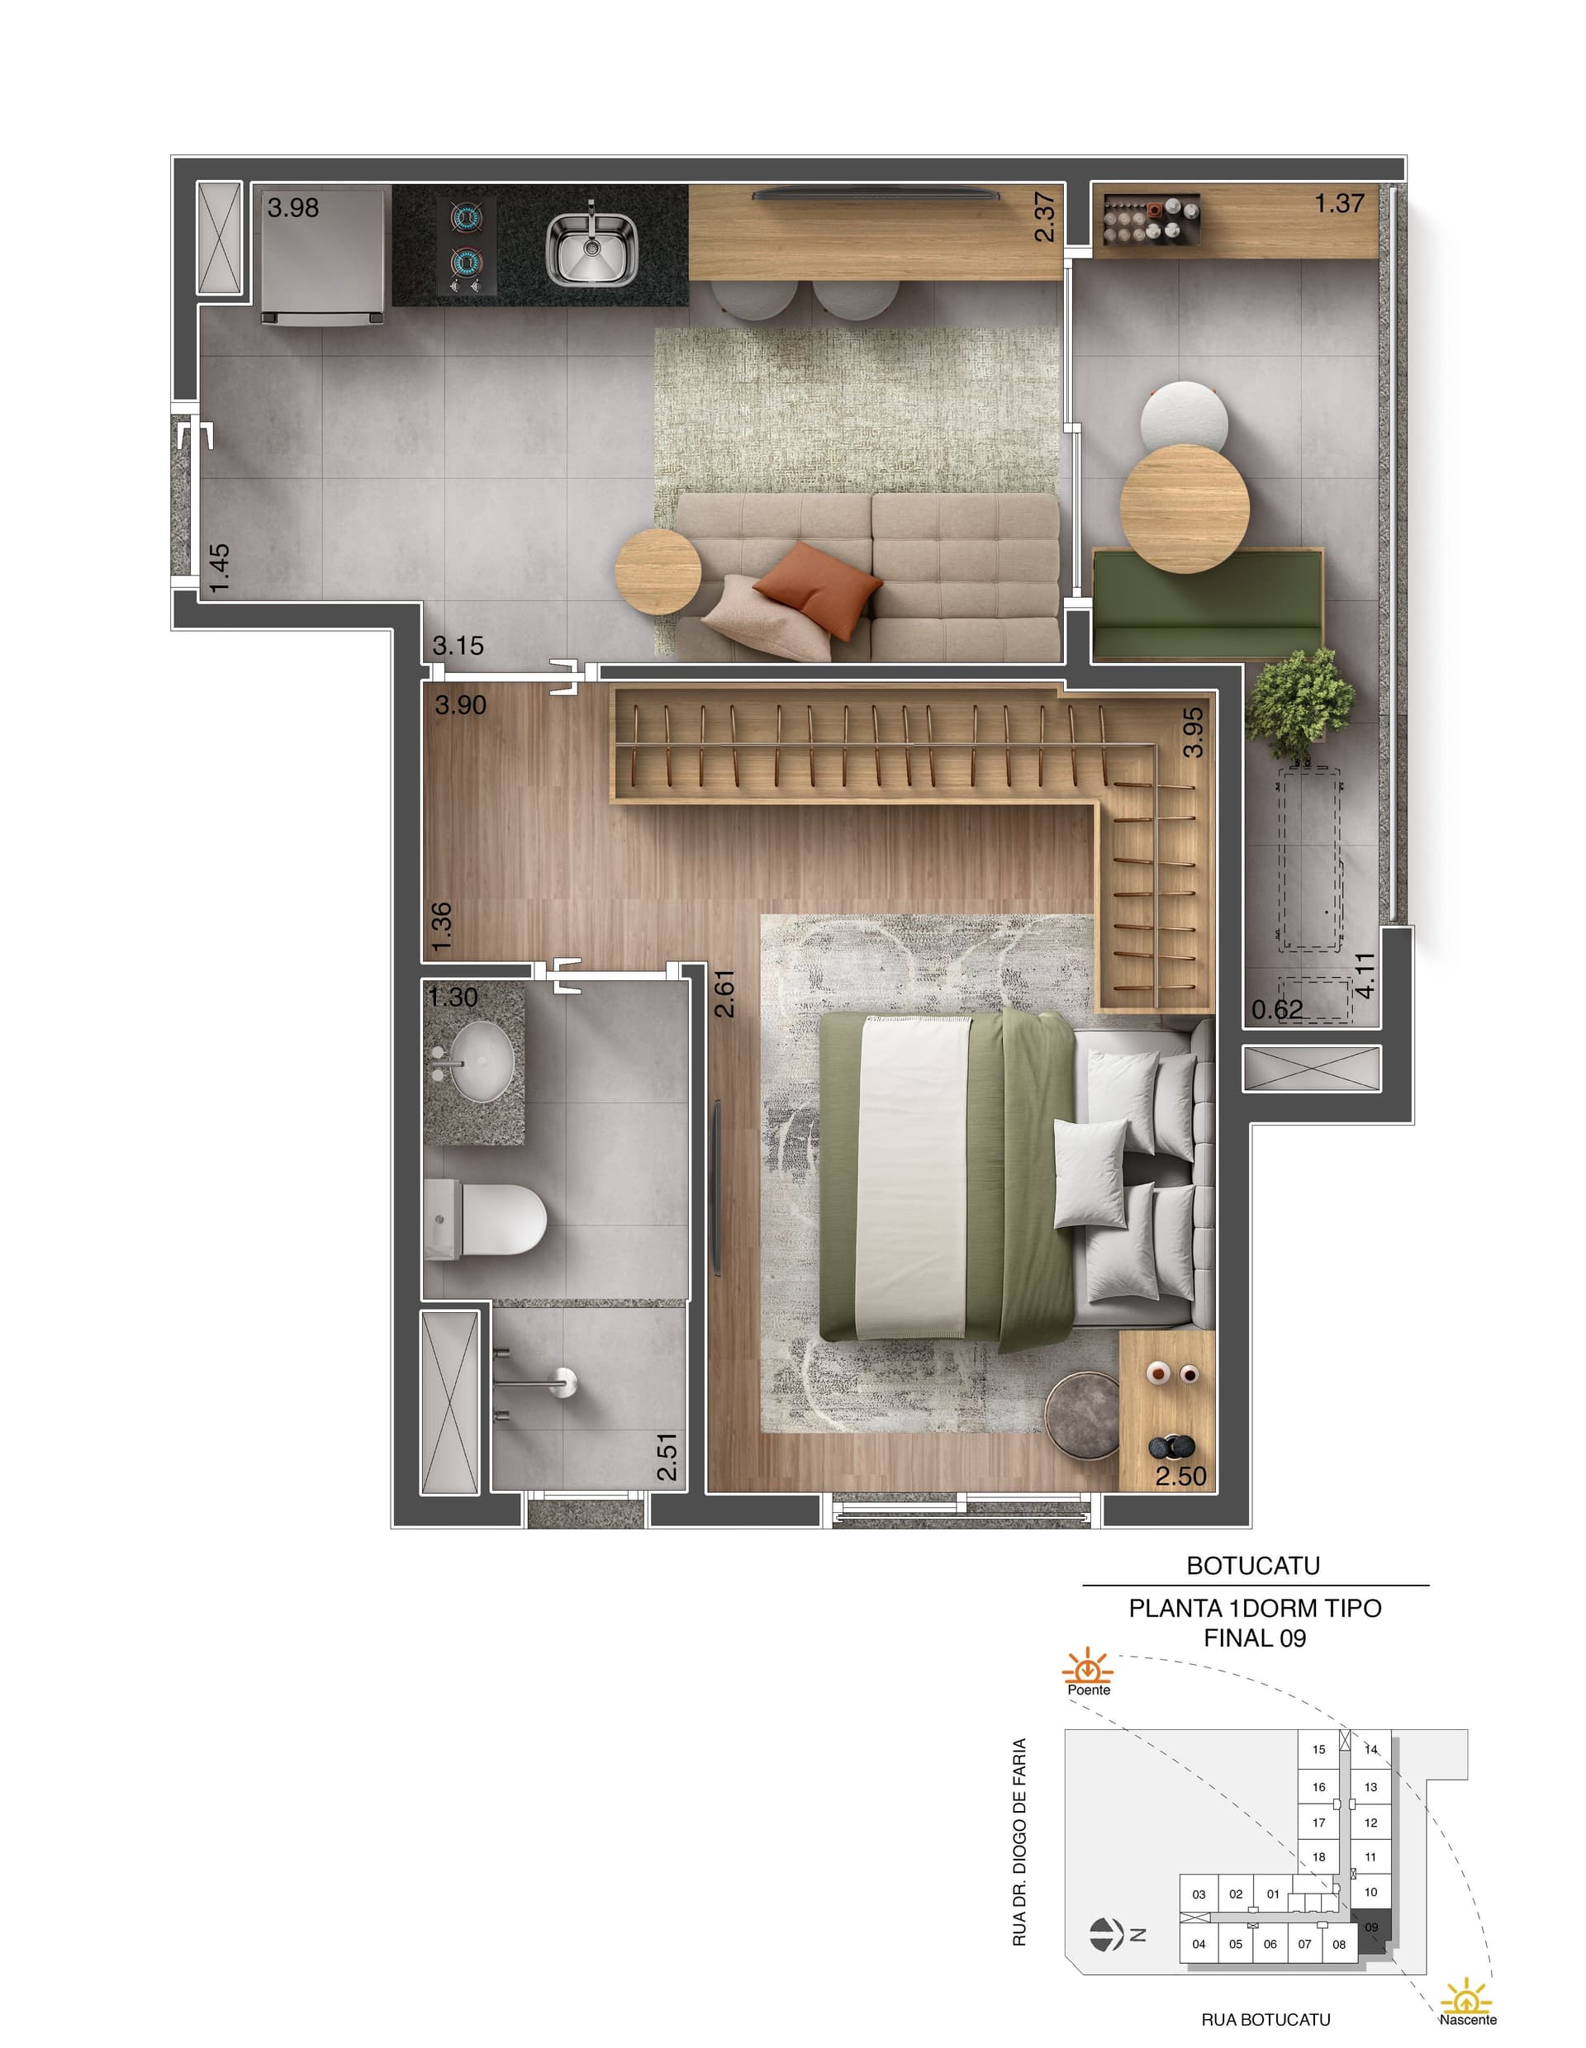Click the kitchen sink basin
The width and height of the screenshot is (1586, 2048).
[591, 249]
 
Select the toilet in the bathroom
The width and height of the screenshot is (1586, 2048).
[484, 1218]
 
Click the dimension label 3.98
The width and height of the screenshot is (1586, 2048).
[292, 207]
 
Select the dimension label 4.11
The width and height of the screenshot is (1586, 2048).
[1365, 974]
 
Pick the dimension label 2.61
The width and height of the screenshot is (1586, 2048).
[724, 994]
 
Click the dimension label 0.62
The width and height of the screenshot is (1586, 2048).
[1276, 1009]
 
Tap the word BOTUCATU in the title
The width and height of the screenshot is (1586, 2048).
[1253, 1565]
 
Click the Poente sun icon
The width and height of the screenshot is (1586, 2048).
[1088, 1668]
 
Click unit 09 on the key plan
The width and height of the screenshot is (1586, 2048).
[1371, 1927]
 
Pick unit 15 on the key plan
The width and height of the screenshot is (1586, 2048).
[1318, 1749]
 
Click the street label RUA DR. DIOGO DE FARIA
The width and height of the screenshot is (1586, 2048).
[1020, 1842]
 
